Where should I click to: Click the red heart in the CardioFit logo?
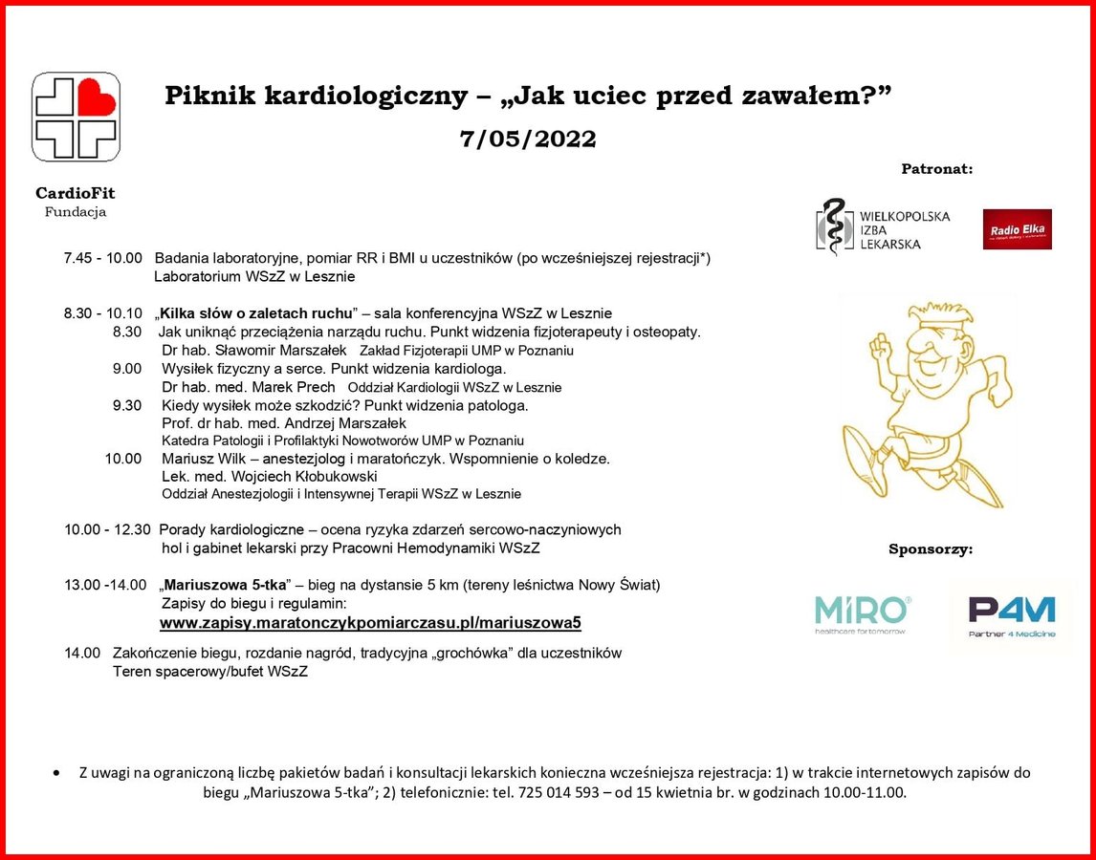pyautogui.click(x=96, y=97)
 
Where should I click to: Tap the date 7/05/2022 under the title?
pyautogui.click(x=527, y=140)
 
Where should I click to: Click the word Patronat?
pyautogui.click(x=936, y=169)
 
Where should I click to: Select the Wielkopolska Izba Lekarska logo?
pyautogui.click(x=883, y=229)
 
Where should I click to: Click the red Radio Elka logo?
pyautogui.click(x=1017, y=229)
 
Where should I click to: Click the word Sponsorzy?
pyautogui.click(x=931, y=549)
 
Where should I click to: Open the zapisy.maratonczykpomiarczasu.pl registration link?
pyautogui.click(x=370, y=623)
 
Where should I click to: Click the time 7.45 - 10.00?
pyautogui.click(x=102, y=258)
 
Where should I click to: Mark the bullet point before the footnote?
pyautogui.click(x=60, y=772)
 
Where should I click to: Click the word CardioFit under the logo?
pyautogui.click(x=76, y=194)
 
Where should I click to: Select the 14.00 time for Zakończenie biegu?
pyautogui.click(x=82, y=653)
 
